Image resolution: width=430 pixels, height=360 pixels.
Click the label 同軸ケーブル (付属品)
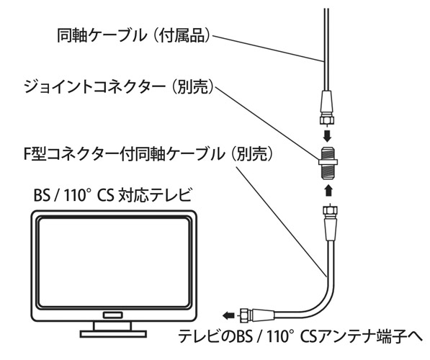tap(133, 36)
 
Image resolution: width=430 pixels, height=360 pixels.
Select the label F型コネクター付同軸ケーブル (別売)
tap(148, 154)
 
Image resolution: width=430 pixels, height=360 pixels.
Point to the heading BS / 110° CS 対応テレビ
tap(112, 195)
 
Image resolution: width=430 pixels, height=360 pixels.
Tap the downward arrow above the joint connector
tap(327, 135)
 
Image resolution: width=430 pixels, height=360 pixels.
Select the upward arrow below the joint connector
tap(328, 190)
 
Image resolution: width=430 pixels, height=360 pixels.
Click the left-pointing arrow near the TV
tap(228, 315)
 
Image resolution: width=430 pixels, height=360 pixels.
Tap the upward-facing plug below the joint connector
tap(329, 221)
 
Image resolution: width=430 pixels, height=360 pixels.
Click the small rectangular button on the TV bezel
tap(112, 315)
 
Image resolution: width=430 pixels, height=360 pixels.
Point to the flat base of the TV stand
tap(113, 333)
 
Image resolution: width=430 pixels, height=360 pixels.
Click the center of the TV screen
tap(114, 262)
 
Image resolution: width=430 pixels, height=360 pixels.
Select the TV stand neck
tap(112, 326)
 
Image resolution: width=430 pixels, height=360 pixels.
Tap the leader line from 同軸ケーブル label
tap(268, 48)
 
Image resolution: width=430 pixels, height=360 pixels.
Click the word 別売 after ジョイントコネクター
tap(194, 87)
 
